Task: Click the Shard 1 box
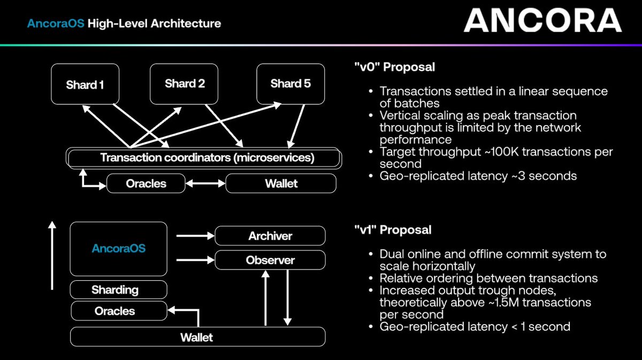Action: [x=85, y=84]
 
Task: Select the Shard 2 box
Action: [x=185, y=83]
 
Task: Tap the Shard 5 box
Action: [x=291, y=83]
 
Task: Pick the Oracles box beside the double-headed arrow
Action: [x=146, y=183]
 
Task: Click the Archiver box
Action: [x=270, y=236]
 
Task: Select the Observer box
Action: [x=270, y=261]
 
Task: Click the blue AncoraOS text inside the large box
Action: [x=118, y=249]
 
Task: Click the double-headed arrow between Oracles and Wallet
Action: [x=205, y=183]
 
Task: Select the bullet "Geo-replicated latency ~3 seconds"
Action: [x=478, y=175]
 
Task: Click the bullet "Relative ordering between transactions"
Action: [x=488, y=278]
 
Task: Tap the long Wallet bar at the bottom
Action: [x=197, y=337]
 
